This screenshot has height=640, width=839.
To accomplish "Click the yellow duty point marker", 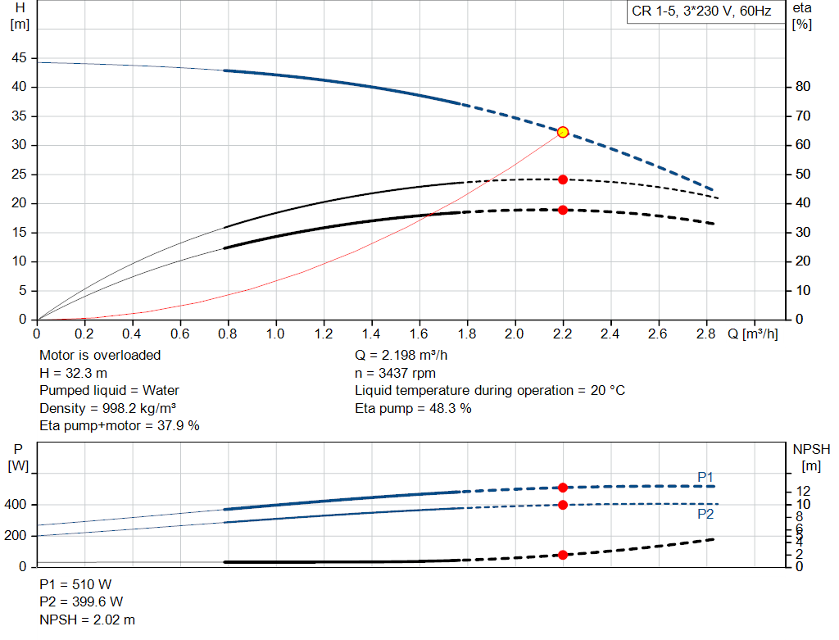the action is (562, 132).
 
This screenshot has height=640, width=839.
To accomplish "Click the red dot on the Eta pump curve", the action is (562, 179).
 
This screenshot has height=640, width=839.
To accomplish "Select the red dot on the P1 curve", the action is (562, 488).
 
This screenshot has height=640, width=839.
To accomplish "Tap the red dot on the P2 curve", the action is (562, 505).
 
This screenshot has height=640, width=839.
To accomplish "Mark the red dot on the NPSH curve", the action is (562, 555).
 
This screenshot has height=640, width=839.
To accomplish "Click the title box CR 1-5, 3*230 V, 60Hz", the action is (701, 11).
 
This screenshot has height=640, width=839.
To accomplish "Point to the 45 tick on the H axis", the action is (19, 58).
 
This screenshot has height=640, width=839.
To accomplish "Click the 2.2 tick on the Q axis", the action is (562, 334).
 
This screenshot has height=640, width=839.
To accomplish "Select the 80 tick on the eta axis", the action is (803, 87).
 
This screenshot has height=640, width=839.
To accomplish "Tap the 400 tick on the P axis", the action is (15, 505).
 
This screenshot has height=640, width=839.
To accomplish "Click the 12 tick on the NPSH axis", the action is (803, 491).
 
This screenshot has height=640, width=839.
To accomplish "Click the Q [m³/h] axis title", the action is (752, 334).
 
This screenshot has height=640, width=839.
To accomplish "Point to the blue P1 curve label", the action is (705, 477).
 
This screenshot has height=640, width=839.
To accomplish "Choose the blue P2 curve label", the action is (705, 515).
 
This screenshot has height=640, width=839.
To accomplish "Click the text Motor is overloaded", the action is (100, 356).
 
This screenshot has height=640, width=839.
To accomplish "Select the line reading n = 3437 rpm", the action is (395, 373).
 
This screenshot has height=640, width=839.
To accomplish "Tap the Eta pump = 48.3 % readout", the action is (413, 408).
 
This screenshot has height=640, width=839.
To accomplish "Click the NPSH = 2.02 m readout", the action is (87, 620).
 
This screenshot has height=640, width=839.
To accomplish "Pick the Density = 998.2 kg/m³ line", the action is (108, 408).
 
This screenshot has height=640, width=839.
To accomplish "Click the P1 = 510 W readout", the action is (75, 584).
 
